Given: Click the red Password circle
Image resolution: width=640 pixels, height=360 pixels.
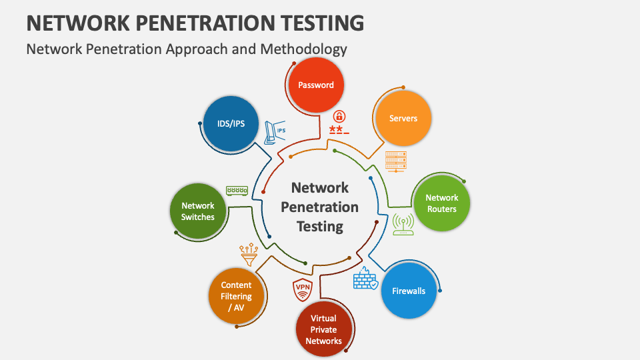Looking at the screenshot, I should [315, 85].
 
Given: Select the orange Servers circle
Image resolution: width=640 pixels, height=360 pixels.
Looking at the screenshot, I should [403, 119].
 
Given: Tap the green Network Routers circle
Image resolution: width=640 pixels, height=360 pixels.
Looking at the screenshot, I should [441, 203].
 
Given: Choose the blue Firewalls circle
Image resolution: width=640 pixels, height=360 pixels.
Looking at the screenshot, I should [409, 291].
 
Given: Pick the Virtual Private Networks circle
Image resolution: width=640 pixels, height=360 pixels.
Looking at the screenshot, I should [323, 329].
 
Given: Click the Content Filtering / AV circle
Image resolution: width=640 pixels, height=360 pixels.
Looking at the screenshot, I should [236, 296].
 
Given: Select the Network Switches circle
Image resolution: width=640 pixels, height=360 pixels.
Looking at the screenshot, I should [198, 211].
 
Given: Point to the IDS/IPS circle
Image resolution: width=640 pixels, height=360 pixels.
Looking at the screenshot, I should [231, 124].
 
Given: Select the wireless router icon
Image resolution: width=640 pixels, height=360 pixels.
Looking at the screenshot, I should [403, 224].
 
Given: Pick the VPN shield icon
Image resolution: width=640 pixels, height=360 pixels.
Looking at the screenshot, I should [303, 290].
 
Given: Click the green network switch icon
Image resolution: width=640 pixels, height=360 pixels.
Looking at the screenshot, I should [237, 191].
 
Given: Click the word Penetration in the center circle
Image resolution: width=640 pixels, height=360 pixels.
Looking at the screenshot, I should [320, 207].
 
